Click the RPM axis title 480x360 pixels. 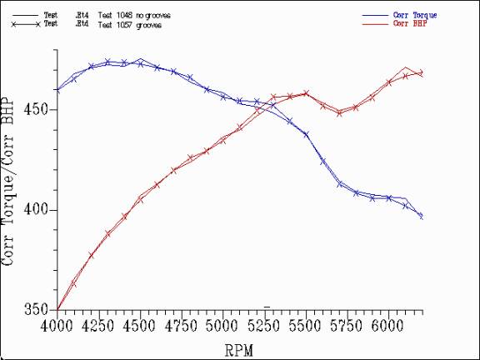[x=239, y=348]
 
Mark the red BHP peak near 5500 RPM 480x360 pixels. [x=306, y=92]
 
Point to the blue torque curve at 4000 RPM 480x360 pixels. [x=57, y=90]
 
